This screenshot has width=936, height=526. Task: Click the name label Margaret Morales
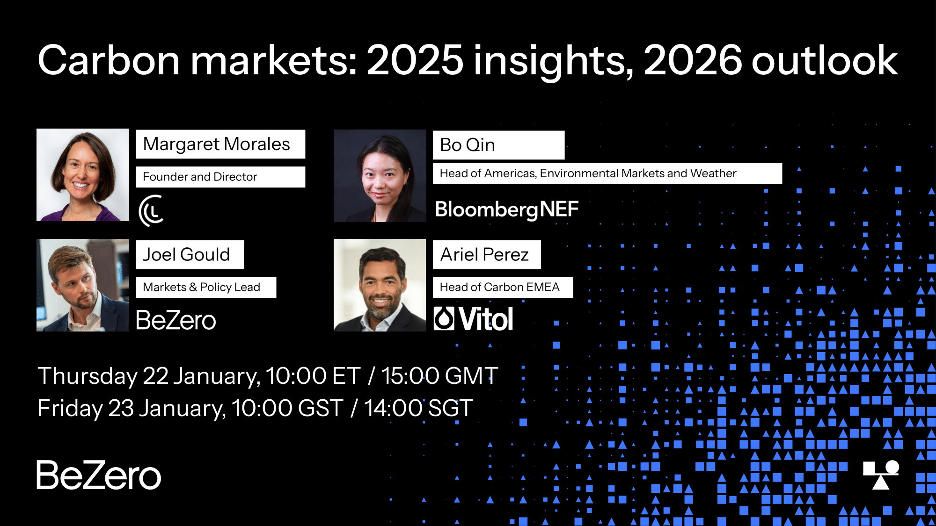coord(220,144)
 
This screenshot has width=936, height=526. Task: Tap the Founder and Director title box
coord(220,177)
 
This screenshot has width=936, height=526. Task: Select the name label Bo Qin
coord(498,145)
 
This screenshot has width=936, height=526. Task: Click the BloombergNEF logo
coord(507,209)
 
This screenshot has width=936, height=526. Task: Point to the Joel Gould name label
coord(190,254)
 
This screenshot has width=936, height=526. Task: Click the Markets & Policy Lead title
coord(206,287)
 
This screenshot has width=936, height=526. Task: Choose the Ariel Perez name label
coord(487,254)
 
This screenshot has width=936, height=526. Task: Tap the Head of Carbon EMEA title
coord(503,287)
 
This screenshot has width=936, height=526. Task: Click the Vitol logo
coord(474,319)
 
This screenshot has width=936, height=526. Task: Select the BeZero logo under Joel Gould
coord(176,320)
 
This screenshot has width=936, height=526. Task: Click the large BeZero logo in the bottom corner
coord(99,475)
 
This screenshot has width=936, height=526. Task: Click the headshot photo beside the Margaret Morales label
coord(83,175)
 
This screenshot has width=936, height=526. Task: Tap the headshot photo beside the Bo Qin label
coord(380,176)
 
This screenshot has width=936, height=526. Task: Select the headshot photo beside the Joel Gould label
coord(83,285)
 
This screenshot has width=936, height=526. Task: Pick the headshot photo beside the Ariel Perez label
coord(380,285)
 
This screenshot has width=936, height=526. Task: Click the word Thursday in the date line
coord(88,376)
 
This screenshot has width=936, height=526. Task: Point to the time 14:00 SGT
coord(418,408)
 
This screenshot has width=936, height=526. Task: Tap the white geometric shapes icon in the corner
coord(881,475)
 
